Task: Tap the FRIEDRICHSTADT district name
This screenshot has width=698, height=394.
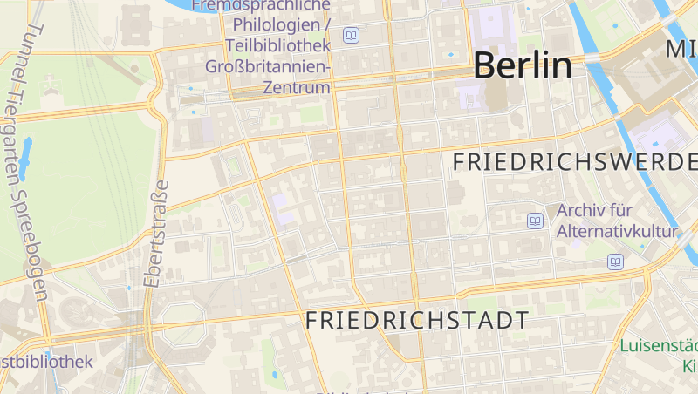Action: point(417,320)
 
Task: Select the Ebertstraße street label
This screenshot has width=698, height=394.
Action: point(156,234)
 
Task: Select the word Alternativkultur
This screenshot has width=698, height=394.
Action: point(617,231)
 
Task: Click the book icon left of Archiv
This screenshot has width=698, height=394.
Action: point(535,221)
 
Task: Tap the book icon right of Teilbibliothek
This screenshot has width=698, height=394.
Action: point(352,36)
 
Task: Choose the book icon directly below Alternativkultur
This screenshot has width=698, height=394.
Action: point(616,261)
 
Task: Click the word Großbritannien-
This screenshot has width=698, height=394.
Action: point(268,66)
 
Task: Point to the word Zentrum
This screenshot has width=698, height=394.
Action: point(299,87)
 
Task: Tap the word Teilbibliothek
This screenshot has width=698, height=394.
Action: point(277,45)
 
